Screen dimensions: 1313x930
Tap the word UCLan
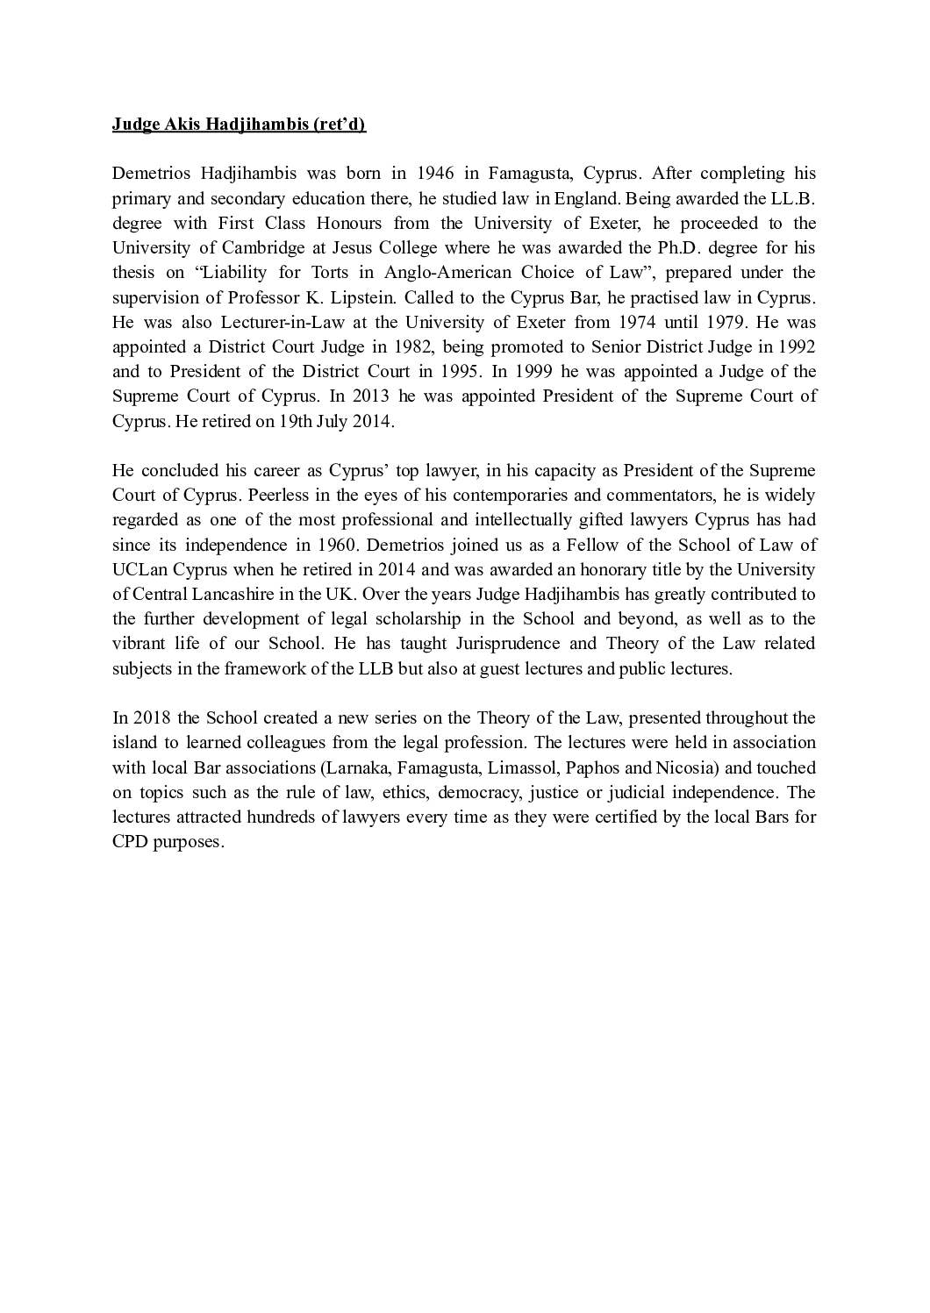click(138, 569)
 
